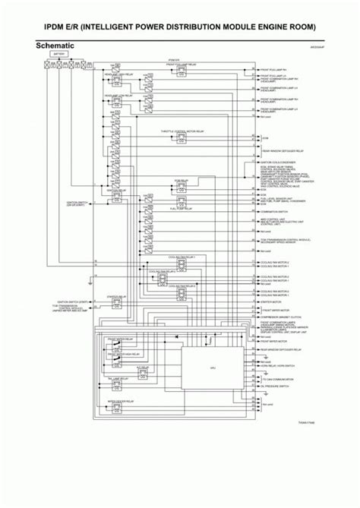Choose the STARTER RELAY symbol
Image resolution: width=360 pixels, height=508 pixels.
pos(117,304)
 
